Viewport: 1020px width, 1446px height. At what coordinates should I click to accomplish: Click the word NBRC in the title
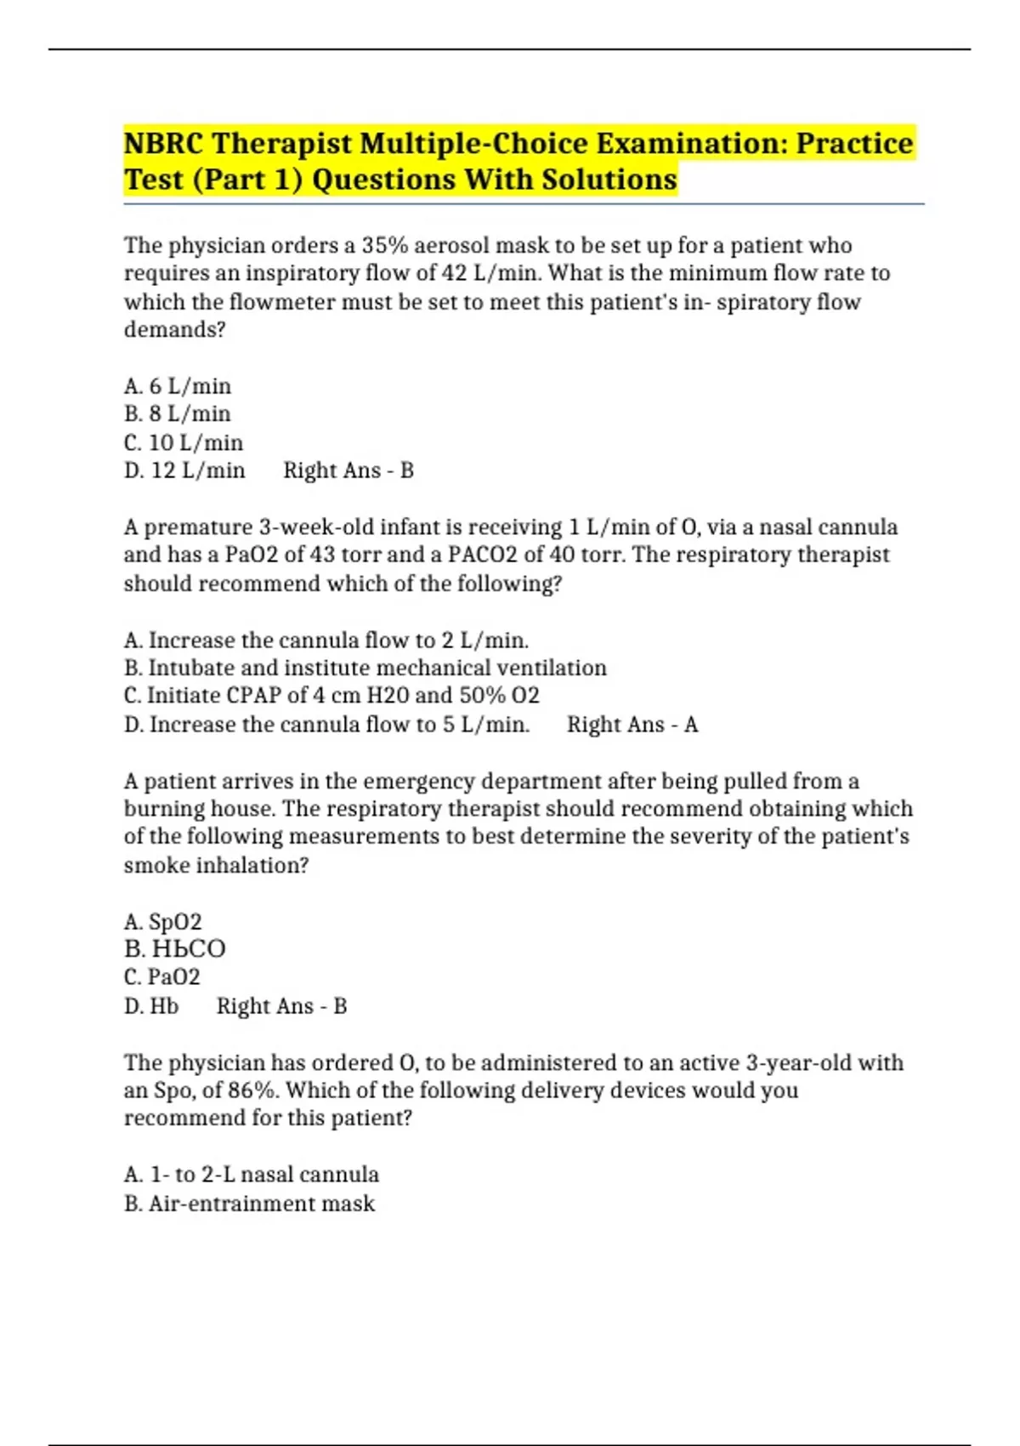click(x=163, y=143)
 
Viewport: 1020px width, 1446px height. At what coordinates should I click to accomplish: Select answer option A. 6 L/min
click(x=178, y=386)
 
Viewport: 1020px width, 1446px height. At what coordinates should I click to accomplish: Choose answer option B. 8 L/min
click(x=178, y=414)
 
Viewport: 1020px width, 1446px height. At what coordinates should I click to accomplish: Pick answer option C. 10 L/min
click(x=184, y=442)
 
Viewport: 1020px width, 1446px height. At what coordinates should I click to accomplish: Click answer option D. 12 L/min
click(x=184, y=470)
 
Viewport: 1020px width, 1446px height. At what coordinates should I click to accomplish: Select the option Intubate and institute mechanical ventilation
click(x=365, y=668)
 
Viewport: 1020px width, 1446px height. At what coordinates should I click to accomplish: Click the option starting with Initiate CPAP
click(x=331, y=696)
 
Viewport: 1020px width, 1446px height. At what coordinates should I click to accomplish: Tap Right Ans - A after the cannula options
click(x=632, y=725)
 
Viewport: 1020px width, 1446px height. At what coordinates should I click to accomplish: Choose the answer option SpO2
click(x=163, y=922)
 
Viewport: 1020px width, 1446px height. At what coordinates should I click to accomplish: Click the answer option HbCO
click(x=175, y=949)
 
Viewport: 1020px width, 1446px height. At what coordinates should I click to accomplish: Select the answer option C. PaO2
click(x=162, y=977)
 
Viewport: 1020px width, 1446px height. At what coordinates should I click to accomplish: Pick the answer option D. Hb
click(x=151, y=1006)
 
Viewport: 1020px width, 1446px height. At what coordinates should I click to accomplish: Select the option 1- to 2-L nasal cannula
click(x=252, y=1175)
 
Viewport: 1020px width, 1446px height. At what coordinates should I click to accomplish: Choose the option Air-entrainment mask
click(x=249, y=1204)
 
